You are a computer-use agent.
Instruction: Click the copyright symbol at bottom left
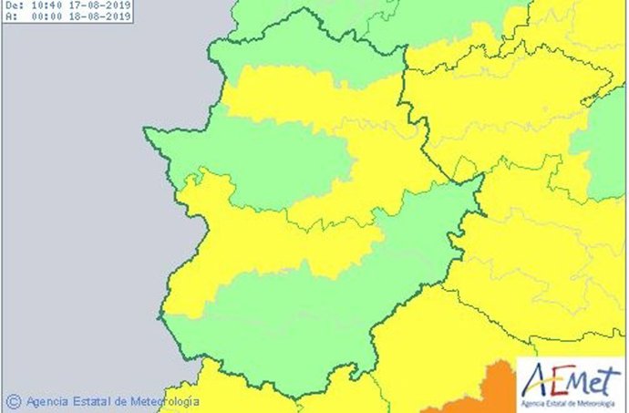point(13,400)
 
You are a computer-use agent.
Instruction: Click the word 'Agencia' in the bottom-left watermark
point(49,400)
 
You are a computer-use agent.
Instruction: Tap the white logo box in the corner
point(572,384)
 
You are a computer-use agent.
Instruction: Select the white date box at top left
point(67,11)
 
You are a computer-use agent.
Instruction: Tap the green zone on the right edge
point(603,146)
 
